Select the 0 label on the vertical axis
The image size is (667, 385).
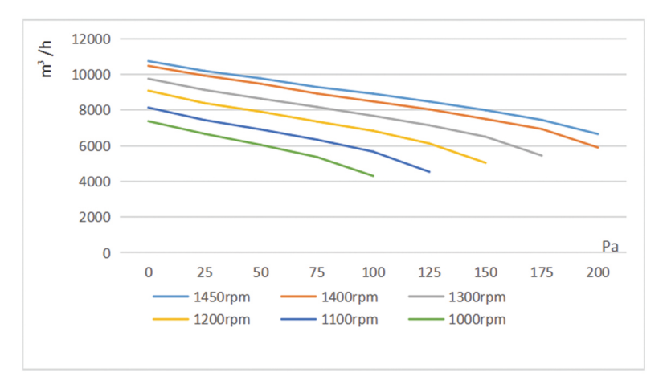107,253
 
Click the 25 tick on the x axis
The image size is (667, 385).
205,272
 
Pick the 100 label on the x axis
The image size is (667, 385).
373,272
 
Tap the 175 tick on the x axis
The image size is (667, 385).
542,272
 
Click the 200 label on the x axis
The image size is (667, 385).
598,272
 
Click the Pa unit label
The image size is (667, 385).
610,245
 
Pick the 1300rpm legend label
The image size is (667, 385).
477,297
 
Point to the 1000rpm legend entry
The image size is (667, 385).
477,319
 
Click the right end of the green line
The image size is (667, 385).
374,176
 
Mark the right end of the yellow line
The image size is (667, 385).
486,163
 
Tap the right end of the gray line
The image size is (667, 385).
542,156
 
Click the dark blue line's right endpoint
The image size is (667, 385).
430,172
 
